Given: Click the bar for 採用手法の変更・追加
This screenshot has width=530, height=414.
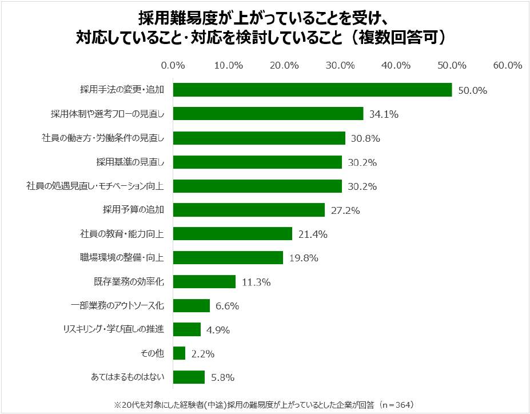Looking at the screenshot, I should [x=312, y=90].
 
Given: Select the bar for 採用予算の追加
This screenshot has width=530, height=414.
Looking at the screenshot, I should [x=249, y=210].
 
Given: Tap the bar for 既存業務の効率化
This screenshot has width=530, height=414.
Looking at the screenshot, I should [x=204, y=281].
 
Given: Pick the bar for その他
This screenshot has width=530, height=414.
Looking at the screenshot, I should [x=179, y=353].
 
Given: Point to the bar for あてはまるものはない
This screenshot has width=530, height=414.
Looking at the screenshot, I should [x=189, y=377].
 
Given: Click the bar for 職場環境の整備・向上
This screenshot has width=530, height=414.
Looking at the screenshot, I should [x=228, y=257].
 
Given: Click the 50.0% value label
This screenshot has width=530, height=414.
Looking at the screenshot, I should [x=472, y=90].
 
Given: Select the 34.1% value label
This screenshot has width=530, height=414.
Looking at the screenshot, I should [x=384, y=114].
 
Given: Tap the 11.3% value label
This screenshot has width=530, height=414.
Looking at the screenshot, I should [x=256, y=282].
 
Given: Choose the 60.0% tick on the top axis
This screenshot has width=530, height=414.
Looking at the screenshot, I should [x=508, y=65].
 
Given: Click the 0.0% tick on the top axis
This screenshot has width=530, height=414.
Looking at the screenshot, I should [x=173, y=65].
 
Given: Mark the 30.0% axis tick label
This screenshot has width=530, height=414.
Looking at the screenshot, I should [x=340, y=65].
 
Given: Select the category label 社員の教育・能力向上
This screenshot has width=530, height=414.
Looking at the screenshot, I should [x=122, y=234].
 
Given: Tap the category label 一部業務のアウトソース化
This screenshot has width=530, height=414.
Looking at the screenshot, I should [x=116, y=306].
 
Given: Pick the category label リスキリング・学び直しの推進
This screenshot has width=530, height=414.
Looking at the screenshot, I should [x=113, y=329].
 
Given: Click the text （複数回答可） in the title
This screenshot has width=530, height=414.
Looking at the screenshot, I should [x=399, y=37].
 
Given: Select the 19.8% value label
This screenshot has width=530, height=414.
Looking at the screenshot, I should [x=303, y=258].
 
